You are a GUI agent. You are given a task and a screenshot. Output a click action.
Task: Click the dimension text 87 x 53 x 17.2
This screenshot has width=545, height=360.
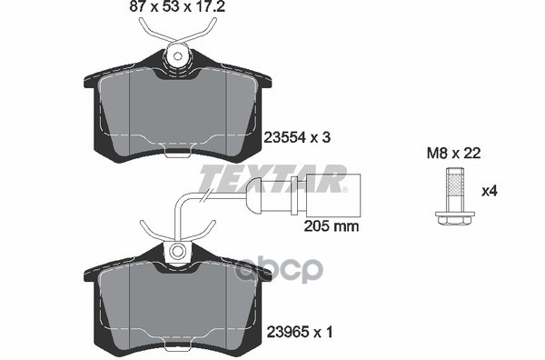pyautogui.click(x=177, y=6)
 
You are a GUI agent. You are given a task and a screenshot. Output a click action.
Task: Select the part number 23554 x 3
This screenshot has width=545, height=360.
pyautogui.click(x=297, y=138)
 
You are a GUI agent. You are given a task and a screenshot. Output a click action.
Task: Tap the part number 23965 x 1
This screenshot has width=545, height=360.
pyautogui.click(x=299, y=333)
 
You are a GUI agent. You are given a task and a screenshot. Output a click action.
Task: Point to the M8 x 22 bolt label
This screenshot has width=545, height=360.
pyautogui.click(x=453, y=153)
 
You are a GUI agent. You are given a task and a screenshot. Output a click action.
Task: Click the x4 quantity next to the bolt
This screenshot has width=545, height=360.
pyautogui.click(x=490, y=191)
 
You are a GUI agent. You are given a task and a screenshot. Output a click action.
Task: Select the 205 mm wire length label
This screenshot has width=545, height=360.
pyautogui.click(x=332, y=226)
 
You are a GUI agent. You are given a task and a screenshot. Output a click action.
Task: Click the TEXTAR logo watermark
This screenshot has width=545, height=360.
pyautogui.click(x=272, y=178)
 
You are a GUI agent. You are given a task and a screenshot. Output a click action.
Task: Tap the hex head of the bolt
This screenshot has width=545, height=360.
pyautogui.click(x=455, y=217)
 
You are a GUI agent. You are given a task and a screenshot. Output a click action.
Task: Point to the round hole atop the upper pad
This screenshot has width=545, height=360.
pyautogui.click(x=178, y=56)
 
